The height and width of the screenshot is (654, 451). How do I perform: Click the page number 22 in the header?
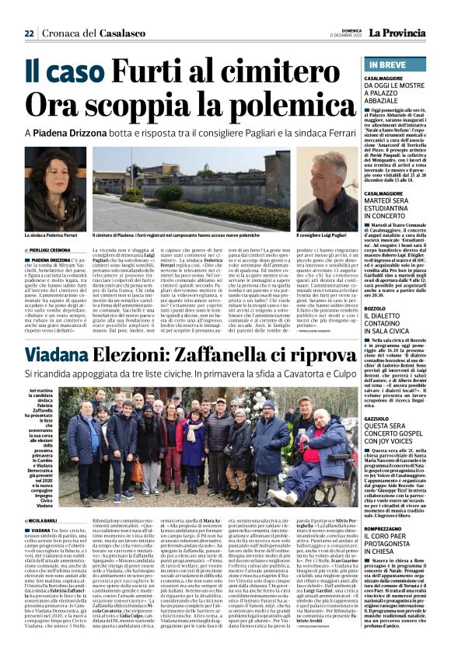pyautogui.click(x=29, y=33)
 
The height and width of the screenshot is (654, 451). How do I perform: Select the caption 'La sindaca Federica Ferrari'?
pyautogui.click(x=52, y=234)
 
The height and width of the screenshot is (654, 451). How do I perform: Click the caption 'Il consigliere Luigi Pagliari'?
pyautogui.click(x=323, y=234)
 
